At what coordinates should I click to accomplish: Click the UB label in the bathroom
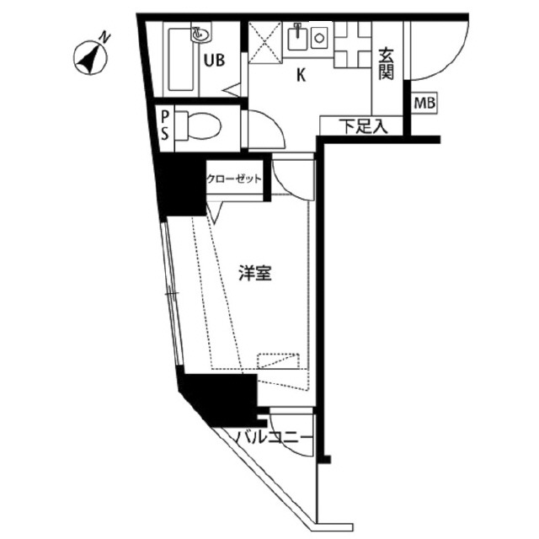click(214, 60)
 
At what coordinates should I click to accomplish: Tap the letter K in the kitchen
click(302, 75)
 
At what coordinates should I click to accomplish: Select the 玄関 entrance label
click(386, 64)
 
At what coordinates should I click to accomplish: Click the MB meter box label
click(424, 103)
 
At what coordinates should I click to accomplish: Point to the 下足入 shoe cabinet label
click(363, 126)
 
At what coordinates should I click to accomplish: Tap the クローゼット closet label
click(234, 179)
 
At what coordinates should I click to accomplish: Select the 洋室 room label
click(255, 274)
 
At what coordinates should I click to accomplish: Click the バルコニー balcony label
click(274, 438)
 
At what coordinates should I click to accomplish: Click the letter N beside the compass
click(105, 37)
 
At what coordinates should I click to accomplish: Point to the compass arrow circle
click(90, 57)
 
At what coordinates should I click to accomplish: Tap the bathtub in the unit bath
click(180, 60)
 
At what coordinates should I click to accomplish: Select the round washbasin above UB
click(200, 35)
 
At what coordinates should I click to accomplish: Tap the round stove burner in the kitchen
click(319, 38)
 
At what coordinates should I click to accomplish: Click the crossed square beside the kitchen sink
click(265, 43)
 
